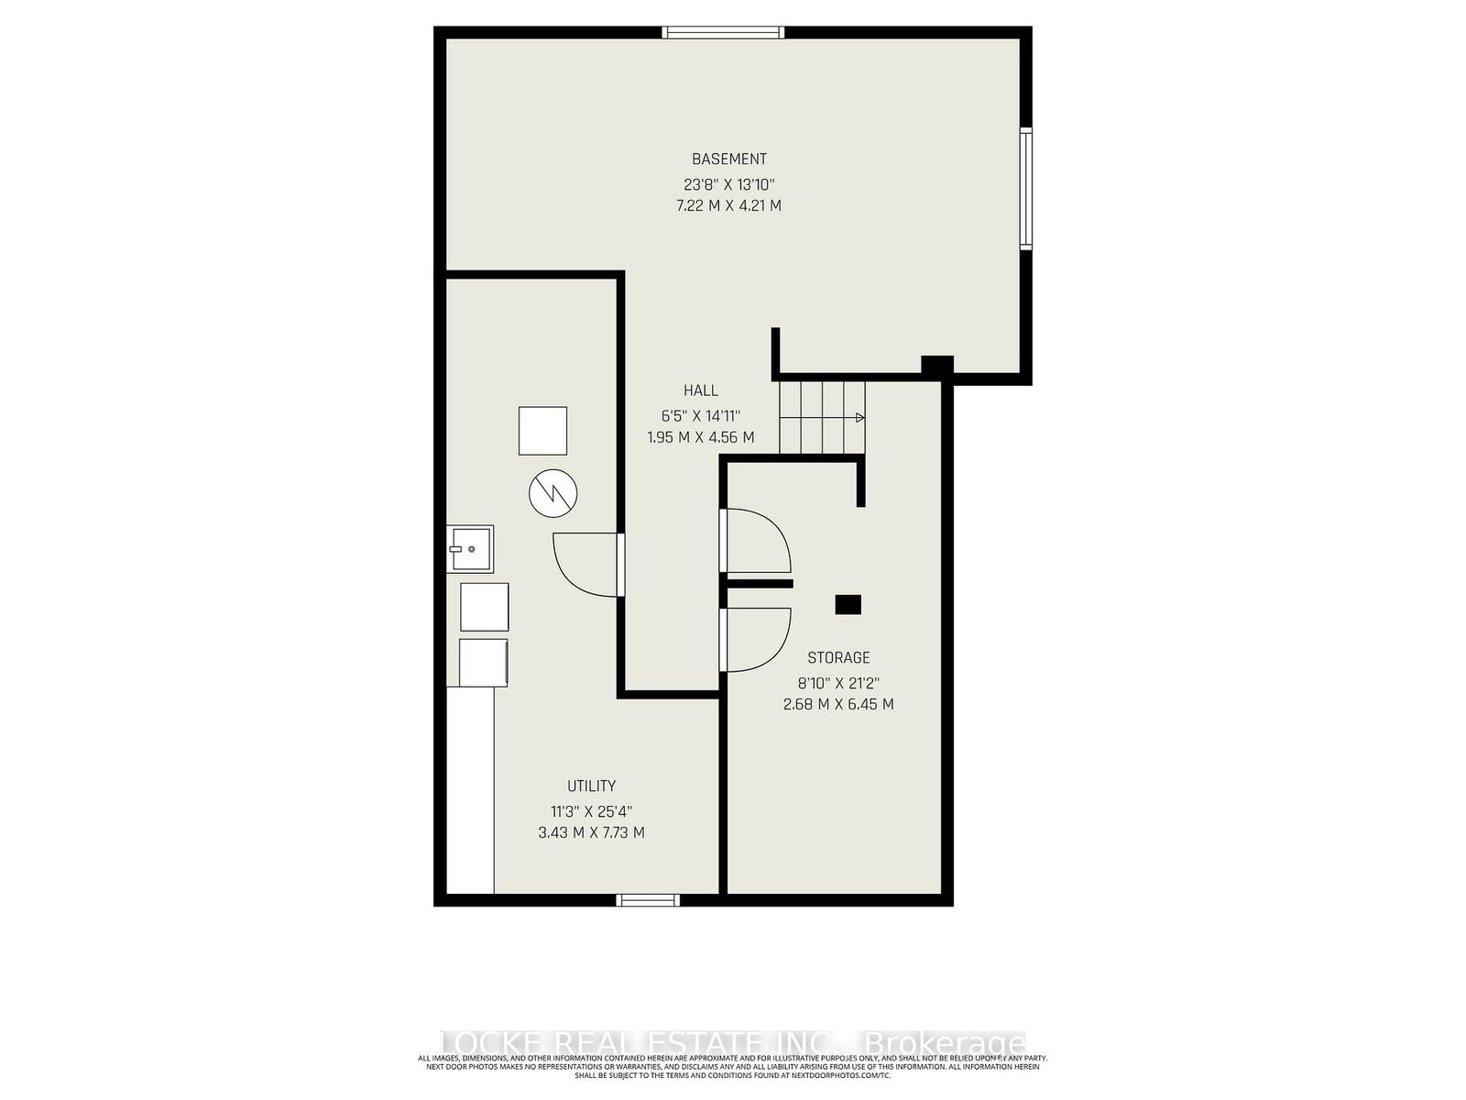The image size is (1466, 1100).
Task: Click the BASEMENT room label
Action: [x=728, y=159]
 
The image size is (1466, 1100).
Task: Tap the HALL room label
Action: [x=700, y=390]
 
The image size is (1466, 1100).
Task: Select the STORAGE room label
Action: [x=838, y=657]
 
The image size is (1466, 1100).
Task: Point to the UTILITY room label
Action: [x=591, y=786]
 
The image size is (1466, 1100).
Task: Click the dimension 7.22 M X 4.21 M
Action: [x=728, y=205]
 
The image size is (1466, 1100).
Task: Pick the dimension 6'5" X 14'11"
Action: [x=700, y=414]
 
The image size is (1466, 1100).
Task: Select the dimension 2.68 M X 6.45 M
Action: [x=838, y=704]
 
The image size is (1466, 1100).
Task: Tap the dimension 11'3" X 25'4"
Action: [x=591, y=810]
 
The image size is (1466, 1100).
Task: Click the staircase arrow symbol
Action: [x=858, y=418]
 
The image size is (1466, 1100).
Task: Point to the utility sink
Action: [x=470, y=549]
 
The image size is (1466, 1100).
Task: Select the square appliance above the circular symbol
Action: [x=542, y=431]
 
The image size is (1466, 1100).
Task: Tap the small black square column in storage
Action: [x=848, y=604]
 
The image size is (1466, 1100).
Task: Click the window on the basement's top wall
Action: [x=724, y=32]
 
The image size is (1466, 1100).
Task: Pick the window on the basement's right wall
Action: [x=1026, y=189]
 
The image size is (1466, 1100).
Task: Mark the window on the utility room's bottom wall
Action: [x=648, y=900]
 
